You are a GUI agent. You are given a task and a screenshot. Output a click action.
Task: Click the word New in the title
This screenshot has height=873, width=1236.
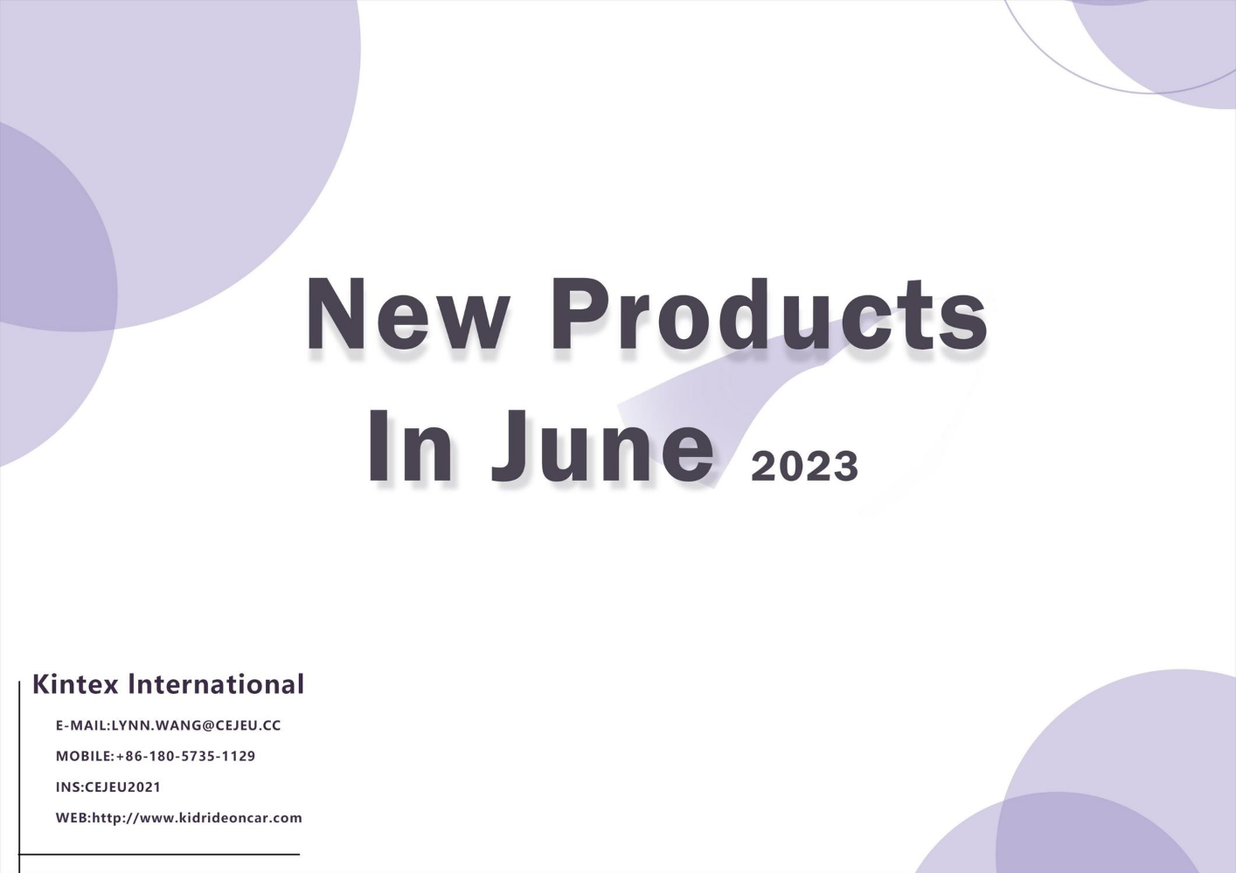(x=407, y=314)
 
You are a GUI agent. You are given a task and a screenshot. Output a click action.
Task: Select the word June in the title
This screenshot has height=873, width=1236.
(x=602, y=447)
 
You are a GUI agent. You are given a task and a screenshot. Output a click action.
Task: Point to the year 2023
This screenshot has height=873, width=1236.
(x=804, y=467)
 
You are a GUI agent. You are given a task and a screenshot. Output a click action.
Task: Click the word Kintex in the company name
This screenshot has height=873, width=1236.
(x=75, y=684)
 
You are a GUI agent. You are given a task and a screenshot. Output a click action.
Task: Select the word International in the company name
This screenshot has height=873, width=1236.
(x=216, y=684)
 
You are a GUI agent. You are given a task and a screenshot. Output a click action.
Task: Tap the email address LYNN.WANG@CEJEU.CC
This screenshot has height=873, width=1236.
(x=196, y=726)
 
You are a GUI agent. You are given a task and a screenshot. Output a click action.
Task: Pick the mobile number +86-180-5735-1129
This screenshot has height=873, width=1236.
(x=185, y=756)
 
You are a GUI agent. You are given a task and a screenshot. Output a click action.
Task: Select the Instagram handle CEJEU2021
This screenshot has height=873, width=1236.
(x=122, y=787)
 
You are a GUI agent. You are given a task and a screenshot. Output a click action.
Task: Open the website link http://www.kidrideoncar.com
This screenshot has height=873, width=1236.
(x=197, y=818)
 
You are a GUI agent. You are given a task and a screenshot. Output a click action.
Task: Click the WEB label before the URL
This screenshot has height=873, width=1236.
(x=72, y=818)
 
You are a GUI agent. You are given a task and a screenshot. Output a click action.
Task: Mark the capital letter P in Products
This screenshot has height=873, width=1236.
(x=580, y=314)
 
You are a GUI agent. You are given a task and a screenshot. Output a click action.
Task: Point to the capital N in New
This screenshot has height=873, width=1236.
(x=336, y=314)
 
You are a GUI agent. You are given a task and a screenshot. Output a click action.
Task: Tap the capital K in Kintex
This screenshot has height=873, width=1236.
(x=41, y=684)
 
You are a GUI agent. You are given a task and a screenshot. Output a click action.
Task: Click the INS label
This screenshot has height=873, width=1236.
(x=68, y=787)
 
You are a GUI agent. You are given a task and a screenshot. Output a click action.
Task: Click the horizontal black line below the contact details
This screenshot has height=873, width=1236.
(x=159, y=855)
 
